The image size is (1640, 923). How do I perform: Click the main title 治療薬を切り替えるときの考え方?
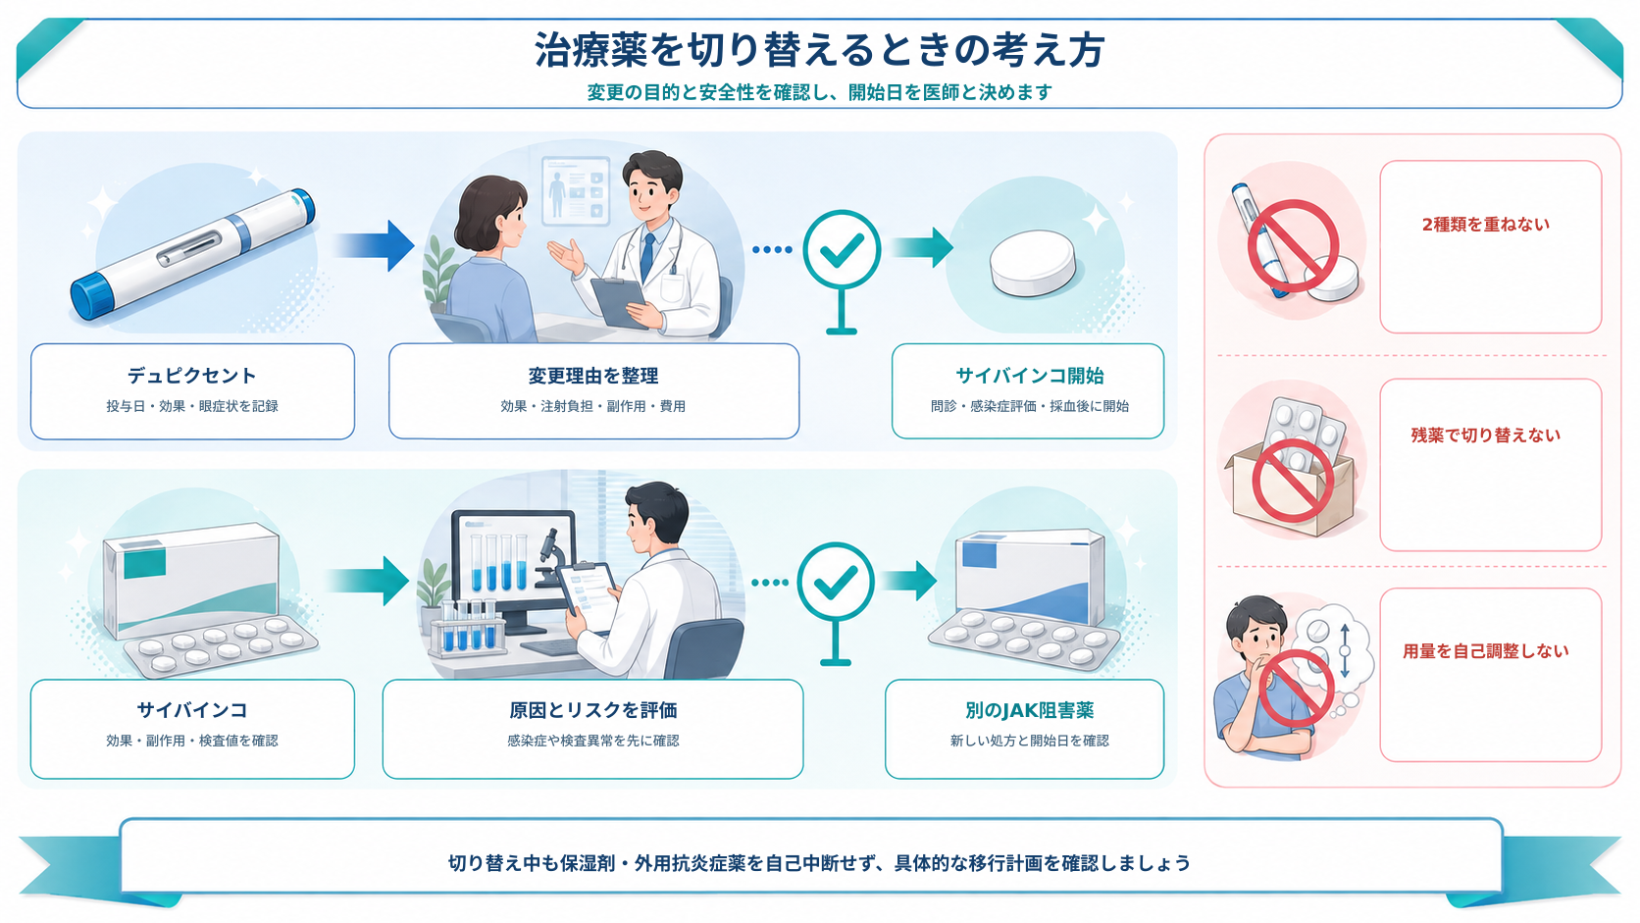tap(819, 50)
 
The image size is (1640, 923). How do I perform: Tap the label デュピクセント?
tap(192, 376)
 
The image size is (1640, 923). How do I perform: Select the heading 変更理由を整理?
tap(593, 376)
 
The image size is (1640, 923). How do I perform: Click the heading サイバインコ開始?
tap(1029, 376)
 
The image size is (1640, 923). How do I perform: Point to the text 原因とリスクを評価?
tap(593, 710)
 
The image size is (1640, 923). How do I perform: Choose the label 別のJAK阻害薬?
tap(1029, 710)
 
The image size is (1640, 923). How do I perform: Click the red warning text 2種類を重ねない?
tap(1486, 225)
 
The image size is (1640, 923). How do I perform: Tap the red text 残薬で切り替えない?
tap(1486, 436)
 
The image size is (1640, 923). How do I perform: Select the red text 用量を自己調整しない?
tap(1486, 651)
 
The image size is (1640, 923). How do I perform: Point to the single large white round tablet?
tap(1032, 264)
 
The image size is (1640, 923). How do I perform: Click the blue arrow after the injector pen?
tap(375, 246)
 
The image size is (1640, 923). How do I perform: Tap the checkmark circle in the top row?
tap(842, 249)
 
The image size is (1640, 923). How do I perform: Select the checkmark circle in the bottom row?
tap(836, 582)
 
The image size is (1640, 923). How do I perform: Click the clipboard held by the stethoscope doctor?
tap(619, 301)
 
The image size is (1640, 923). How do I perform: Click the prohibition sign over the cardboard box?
tap(1292, 481)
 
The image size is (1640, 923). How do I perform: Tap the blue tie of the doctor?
tap(647, 256)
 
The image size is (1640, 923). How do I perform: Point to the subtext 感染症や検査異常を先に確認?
tap(593, 741)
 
